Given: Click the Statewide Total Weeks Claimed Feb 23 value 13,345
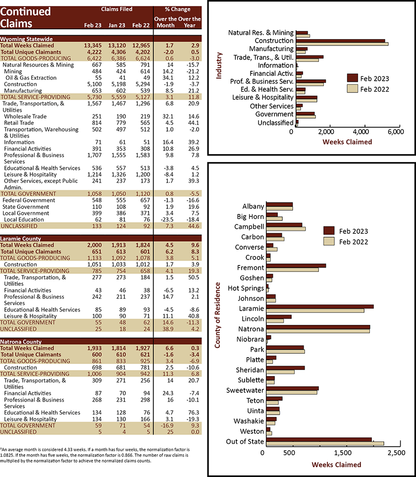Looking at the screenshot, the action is [x=93, y=46].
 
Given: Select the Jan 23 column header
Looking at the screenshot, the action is [x=117, y=25].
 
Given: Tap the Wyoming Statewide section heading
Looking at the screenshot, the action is [x=26, y=39].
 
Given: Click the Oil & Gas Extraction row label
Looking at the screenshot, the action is [x=31, y=78].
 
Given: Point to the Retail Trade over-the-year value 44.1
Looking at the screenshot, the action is [x=194, y=123].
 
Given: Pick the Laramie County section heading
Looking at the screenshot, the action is [x=20, y=239].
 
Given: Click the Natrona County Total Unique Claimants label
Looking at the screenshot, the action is [x=31, y=355].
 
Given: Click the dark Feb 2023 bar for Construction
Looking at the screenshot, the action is [x=340, y=41].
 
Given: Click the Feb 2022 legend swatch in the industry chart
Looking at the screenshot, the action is [x=353, y=89].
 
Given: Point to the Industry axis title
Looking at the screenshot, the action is [x=219, y=66].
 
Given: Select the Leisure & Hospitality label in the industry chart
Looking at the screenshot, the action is [x=263, y=98].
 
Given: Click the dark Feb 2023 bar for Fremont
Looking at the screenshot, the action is [x=296, y=265].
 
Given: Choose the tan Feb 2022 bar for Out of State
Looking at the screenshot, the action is [x=325, y=443].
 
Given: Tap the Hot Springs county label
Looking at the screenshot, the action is [x=246, y=288].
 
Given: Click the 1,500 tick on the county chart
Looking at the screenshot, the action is [x=343, y=453].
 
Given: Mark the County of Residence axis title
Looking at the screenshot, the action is [x=217, y=315].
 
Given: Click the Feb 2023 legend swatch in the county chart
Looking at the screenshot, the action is [x=329, y=231].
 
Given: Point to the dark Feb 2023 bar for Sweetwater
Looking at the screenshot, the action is [x=293, y=388].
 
